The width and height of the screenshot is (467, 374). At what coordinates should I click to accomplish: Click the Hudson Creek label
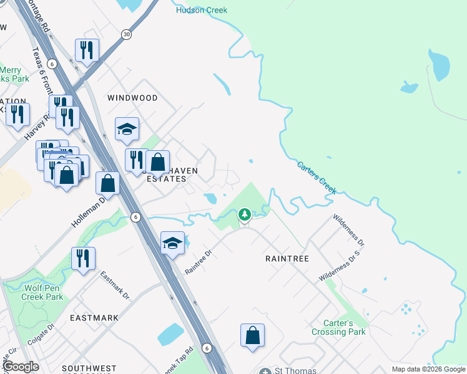click(202, 10)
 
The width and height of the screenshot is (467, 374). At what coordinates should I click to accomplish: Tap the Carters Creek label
click(316, 178)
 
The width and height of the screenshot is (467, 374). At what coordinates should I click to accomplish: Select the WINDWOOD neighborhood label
click(132, 98)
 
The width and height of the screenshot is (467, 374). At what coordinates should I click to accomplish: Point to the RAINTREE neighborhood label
click(287, 257)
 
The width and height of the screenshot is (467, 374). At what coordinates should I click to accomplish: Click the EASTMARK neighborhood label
click(94, 317)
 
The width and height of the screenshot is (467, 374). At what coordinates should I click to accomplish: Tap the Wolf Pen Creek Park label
click(44, 292)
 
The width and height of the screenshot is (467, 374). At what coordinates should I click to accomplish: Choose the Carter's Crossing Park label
click(338, 327)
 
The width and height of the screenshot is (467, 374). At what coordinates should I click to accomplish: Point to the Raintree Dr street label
click(199, 262)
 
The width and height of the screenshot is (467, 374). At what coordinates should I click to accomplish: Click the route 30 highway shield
click(127, 34)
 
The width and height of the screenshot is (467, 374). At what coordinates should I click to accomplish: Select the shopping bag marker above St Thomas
click(252, 335)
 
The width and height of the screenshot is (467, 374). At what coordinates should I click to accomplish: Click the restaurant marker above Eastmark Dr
click(83, 257)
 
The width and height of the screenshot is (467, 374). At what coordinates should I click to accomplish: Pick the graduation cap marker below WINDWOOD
click(127, 129)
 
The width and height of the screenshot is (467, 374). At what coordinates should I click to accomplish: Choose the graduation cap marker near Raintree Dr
click(172, 243)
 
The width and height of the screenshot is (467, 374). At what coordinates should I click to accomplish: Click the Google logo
click(21, 367)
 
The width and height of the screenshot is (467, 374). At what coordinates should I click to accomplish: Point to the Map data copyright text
click(428, 369)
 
